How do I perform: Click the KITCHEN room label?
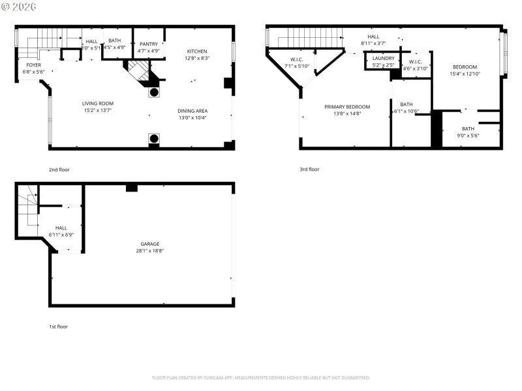(x=197, y=51)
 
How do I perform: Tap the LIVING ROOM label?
(x=98, y=104)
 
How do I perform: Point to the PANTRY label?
(x=149, y=44)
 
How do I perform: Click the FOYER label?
(x=33, y=65)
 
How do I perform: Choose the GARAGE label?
(x=149, y=244)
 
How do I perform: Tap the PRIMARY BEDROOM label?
(x=347, y=107)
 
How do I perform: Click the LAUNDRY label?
(x=383, y=58)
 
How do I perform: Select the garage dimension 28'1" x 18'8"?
(x=149, y=250)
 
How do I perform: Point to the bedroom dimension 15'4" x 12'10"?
(x=464, y=74)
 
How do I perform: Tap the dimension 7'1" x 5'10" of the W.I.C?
(x=296, y=66)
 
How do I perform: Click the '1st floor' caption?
(x=58, y=326)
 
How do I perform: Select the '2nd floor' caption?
(x=59, y=169)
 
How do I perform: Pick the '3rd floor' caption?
(x=309, y=169)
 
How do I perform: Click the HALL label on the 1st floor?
(x=61, y=228)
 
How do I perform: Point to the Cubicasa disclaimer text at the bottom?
(x=261, y=377)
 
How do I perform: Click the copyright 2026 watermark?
(x=19, y=6)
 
